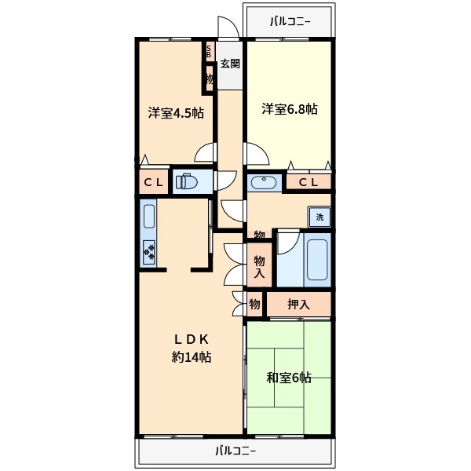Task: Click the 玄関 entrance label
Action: coord(229,64)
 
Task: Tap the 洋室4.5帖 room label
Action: coord(176,112)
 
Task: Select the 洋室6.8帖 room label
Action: coord(290,110)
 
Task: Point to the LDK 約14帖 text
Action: coord(191,348)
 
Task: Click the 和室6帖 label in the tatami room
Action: coord(288,378)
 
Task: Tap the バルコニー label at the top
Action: coord(290,21)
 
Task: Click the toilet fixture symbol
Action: coord(187,182)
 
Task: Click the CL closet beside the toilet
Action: coord(152,182)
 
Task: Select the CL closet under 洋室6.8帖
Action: coord(309,182)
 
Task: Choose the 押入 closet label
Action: coord(298,303)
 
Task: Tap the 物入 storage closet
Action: coord(259,267)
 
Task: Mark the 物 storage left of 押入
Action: coord(254,303)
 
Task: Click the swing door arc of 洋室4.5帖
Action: coord(204,152)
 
